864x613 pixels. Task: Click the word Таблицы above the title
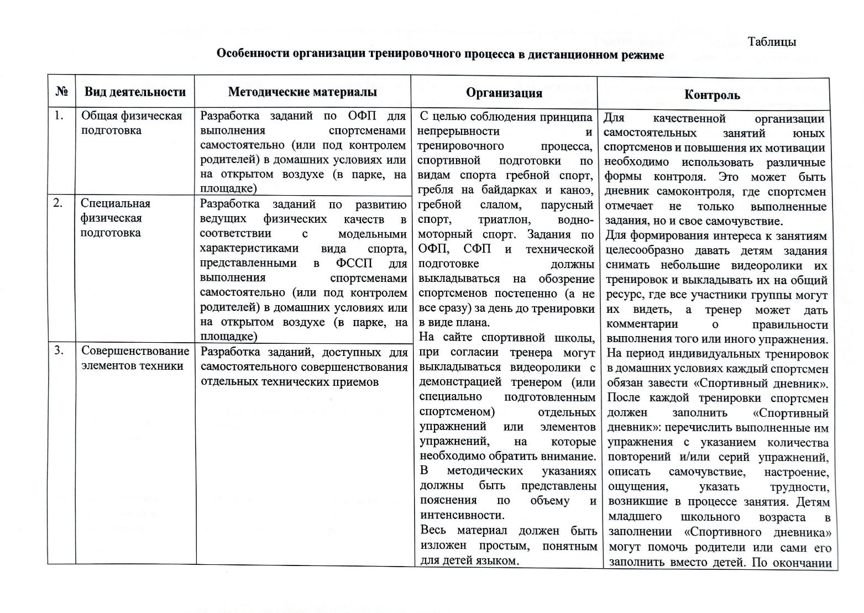(772, 42)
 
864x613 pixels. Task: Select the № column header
(61, 91)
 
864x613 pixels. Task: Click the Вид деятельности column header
(135, 92)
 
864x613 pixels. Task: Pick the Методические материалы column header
(302, 92)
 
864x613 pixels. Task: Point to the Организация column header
(504, 93)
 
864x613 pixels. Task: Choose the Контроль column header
(712, 95)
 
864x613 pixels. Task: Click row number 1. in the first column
(59, 116)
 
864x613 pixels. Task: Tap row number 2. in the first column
(58, 203)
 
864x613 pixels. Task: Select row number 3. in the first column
(59, 350)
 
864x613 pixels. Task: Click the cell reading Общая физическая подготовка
(132, 123)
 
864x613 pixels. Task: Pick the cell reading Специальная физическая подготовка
(116, 218)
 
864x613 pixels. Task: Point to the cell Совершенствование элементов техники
(135, 358)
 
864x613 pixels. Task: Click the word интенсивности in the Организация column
(462, 515)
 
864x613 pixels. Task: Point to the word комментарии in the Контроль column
(642, 324)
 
